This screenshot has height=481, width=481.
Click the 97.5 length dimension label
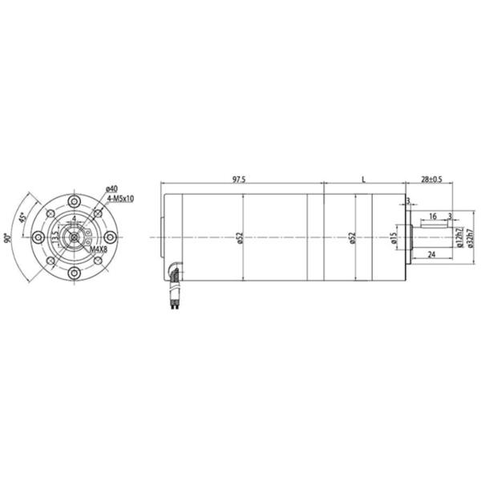pyautogui.click(x=239, y=180)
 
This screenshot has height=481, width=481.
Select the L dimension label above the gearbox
pyautogui.click(x=363, y=180)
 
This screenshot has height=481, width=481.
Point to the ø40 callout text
pyautogui.click(x=111, y=188)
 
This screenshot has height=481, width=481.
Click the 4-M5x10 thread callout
pyautogui.click(x=119, y=197)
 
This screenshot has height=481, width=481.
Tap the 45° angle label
pyautogui.click(x=25, y=216)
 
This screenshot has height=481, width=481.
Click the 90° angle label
pyautogui.click(x=7, y=237)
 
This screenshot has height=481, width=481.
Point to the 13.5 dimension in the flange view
pyautogui.click(x=55, y=238)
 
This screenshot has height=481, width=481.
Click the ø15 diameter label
pyautogui.click(x=394, y=238)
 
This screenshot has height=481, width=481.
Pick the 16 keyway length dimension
pyautogui.click(x=433, y=216)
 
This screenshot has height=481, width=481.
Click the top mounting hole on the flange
pyautogui.click(x=74, y=200)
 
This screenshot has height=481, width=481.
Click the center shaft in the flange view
pyautogui.click(x=74, y=237)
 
